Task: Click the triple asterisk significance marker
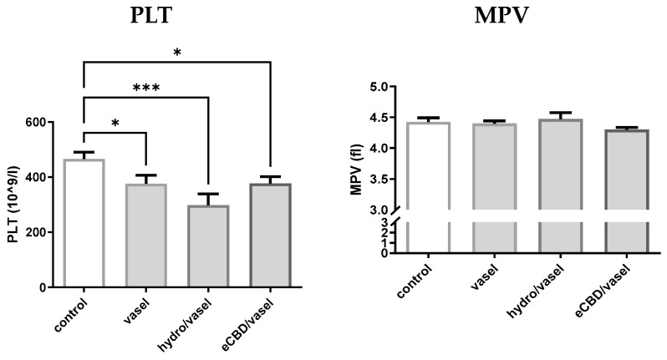145,87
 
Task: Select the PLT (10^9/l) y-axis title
14,205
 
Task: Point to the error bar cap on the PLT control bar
84,152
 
